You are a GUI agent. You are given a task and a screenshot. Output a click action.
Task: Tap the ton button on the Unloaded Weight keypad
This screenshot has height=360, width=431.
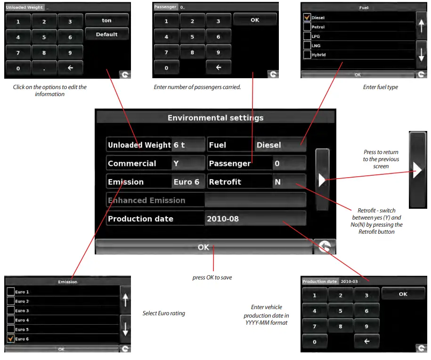tap(107, 20)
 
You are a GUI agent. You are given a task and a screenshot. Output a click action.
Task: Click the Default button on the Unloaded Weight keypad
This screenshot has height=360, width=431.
tap(107, 34)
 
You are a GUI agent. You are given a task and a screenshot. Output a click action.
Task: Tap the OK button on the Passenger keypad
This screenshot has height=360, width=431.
tap(255, 20)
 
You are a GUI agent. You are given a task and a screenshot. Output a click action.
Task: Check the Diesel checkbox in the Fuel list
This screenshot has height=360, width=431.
tap(307, 17)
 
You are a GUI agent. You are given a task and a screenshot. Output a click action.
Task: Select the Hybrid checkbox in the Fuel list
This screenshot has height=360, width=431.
tap(307, 55)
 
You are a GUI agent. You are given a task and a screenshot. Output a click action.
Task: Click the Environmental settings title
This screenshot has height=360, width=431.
tap(215, 118)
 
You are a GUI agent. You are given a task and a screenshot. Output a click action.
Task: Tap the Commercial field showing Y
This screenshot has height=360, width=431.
tap(187, 164)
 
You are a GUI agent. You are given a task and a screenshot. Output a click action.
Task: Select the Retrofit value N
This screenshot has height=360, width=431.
tap(289, 182)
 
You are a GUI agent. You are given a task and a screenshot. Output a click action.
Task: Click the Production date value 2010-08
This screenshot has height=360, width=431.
tap(255, 219)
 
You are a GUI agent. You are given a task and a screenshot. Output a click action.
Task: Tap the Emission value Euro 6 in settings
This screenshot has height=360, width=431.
tap(187, 182)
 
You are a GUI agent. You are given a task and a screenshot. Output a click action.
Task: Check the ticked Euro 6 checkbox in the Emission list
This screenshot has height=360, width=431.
tap(10, 339)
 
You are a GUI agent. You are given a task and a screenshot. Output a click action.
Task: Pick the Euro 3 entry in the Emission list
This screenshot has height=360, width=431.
tap(22, 311)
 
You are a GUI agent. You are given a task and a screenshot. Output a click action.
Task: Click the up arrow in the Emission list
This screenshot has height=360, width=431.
tap(125, 300)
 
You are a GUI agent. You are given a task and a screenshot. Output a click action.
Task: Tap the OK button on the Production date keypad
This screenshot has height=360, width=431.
tap(403, 294)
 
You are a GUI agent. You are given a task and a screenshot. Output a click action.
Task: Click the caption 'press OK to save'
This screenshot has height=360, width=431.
tap(212, 278)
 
